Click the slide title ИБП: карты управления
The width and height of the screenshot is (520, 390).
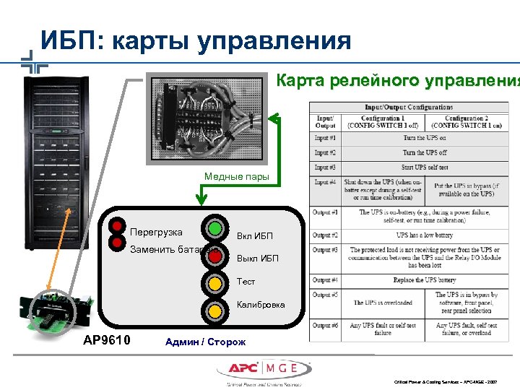pyautogui.click(x=196, y=40)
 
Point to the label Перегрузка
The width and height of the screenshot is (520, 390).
pyautogui.click(x=156, y=233)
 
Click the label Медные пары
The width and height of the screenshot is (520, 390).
pyautogui.click(x=236, y=176)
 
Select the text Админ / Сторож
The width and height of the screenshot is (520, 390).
pyautogui.click(x=206, y=342)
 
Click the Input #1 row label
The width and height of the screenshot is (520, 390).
pyautogui.click(x=325, y=138)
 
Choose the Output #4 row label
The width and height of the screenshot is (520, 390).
pyautogui.click(x=325, y=279)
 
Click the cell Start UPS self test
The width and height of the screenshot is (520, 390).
pyautogui.click(x=425, y=168)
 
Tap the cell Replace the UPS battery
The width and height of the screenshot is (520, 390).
pyautogui.click(x=425, y=279)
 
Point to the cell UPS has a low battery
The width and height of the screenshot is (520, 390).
pyautogui.click(x=425, y=235)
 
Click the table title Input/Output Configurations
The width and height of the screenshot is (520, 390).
pyautogui.click(x=409, y=108)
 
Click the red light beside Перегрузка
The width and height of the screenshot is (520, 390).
pyautogui.click(x=116, y=225)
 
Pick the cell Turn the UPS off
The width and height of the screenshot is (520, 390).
pyautogui.click(x=425, y=153)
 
